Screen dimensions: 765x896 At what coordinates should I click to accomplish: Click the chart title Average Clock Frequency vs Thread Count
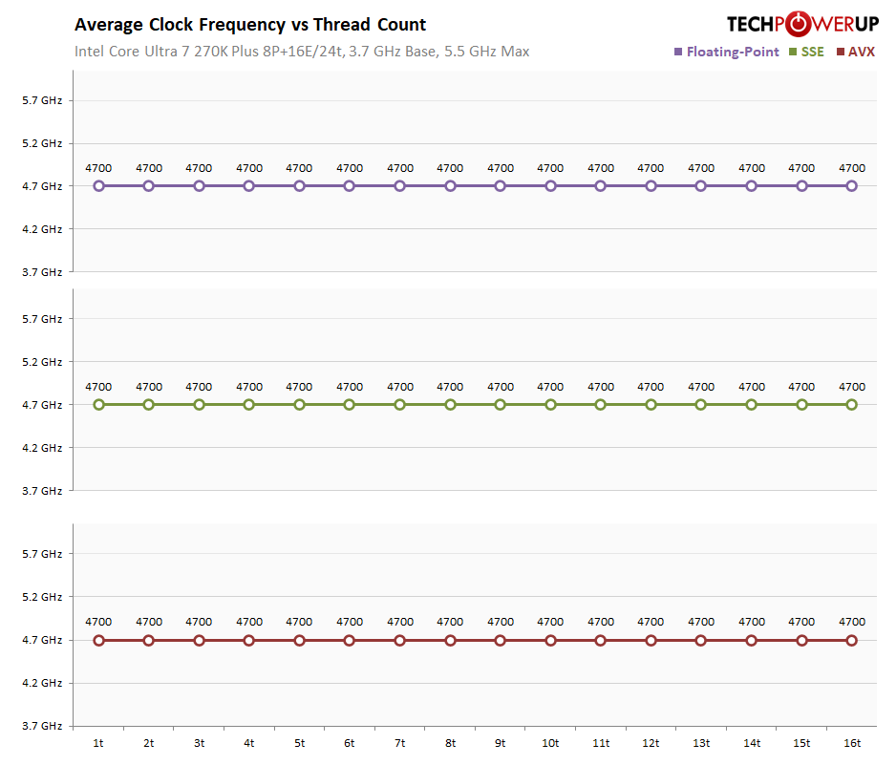[250, 25]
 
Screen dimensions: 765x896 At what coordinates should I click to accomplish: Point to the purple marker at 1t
[98, 186]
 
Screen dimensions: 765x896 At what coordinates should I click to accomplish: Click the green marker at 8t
[450, 405]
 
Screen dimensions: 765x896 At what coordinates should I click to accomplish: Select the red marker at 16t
[852, 640]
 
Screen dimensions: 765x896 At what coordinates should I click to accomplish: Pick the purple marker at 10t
[550, 186]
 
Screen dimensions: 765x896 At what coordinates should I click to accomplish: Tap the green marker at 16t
[852, 405]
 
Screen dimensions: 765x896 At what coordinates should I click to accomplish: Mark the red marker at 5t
[299, 640]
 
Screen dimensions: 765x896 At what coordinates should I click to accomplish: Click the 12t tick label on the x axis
[651, 743]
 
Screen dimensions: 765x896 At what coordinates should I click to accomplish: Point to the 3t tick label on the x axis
[199, 743]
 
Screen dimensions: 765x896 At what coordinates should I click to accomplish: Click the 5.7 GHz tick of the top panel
[42, 100]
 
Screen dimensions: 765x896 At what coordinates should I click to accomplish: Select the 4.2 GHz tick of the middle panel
[42, 448]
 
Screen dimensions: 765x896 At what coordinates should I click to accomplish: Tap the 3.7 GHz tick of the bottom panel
[42, 726]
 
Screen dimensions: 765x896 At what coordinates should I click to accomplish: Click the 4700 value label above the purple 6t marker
[350, 168]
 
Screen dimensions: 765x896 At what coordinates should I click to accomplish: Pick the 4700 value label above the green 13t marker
[701, 387]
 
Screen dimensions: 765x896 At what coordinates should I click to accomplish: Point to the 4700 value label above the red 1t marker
[98, 622]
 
